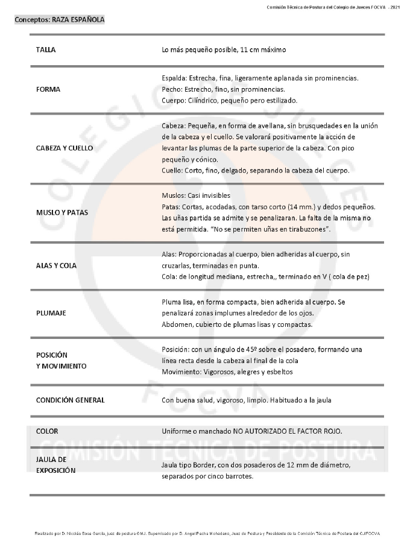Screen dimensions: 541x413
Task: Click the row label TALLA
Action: (x=46, y=50)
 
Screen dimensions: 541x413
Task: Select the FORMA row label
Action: (x=48, y=89)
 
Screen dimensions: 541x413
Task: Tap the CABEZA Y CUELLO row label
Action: (x=65, y=148)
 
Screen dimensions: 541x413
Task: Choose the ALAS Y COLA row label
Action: (x=56, y=265)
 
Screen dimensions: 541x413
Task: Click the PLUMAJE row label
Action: (x=51, y=313)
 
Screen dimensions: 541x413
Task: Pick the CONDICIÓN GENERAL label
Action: (x=70, y=400)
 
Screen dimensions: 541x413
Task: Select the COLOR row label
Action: (x=47, y=431)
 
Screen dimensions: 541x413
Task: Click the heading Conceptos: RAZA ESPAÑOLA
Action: (x=60, y=20)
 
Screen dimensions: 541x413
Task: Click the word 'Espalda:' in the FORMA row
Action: (x=175, y=78)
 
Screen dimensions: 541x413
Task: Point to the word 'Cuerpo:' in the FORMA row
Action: (x=174, y=100)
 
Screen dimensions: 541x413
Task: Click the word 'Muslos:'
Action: (x=174, y=196)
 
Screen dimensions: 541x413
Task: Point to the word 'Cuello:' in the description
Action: (x=174, y=171)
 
